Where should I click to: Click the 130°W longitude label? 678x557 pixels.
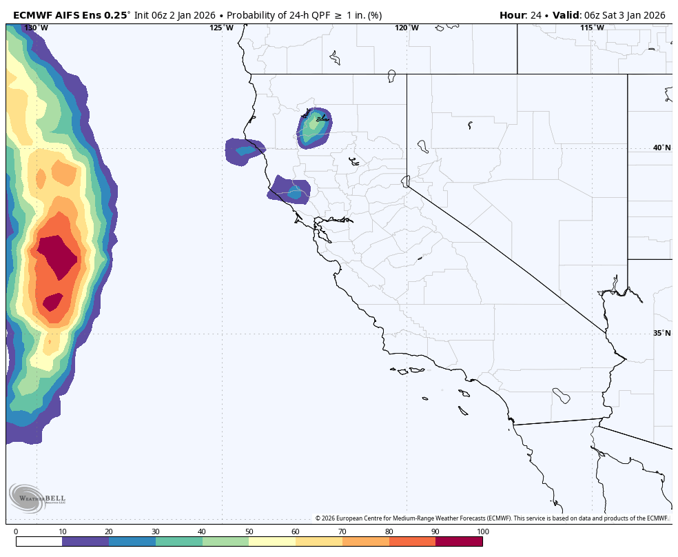tap(36, 28)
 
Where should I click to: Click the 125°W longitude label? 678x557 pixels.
tap(221, 28)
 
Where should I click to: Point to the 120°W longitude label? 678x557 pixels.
tap(407, 28)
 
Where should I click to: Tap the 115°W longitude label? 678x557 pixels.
tap(592, 28)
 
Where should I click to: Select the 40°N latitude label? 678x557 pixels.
tap(661, 148)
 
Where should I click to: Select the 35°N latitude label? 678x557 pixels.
tap(661, 334)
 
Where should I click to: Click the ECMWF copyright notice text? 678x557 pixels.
tap(491, 518)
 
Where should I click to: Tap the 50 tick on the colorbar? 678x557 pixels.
tap(249, 531)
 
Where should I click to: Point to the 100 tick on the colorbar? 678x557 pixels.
tap(482, 531)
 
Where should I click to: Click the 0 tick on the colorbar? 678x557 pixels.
tap(16, 531)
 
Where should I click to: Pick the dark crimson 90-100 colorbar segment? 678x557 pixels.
tap(459, 542)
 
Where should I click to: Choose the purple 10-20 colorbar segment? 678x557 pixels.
tap(85, 542)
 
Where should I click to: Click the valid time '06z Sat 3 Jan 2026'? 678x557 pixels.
tap(624, 15)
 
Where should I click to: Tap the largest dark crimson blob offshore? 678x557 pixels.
tap(58, 256)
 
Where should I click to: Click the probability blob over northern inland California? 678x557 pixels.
tap(314, 128)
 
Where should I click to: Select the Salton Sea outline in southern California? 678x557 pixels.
tap(561, 396)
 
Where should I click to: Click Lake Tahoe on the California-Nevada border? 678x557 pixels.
tap(406, 181)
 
